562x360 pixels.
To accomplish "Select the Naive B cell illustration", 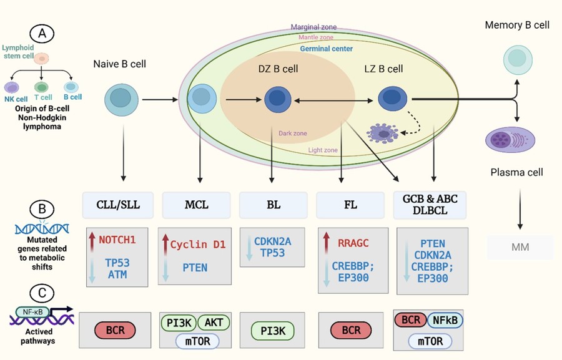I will [x=117, y=98].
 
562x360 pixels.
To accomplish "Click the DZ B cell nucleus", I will [x=276, y=99].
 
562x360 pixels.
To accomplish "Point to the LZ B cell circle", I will [x=391, y=98].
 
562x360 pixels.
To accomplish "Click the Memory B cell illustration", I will [x=517, y=59].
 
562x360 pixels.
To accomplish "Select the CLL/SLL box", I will [x=117, y=205].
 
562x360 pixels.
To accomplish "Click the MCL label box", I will [x=197, y=205].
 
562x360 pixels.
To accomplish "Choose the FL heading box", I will [x=352, y=205].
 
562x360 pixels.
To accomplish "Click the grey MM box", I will [x=520, y=247].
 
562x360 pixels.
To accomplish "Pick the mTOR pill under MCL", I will [x=196, y=339].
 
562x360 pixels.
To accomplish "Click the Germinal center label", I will [x=326, y=49].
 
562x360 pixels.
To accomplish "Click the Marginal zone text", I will [x=313, y=27].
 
